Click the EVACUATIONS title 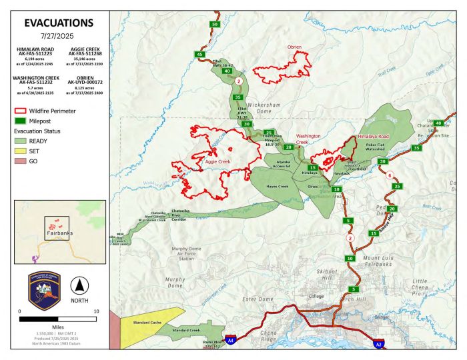55,22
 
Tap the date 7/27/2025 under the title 55,36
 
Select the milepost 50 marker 214,24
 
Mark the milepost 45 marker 199,54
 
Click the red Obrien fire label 295,47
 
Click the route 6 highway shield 389,175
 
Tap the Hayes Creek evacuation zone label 276,187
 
